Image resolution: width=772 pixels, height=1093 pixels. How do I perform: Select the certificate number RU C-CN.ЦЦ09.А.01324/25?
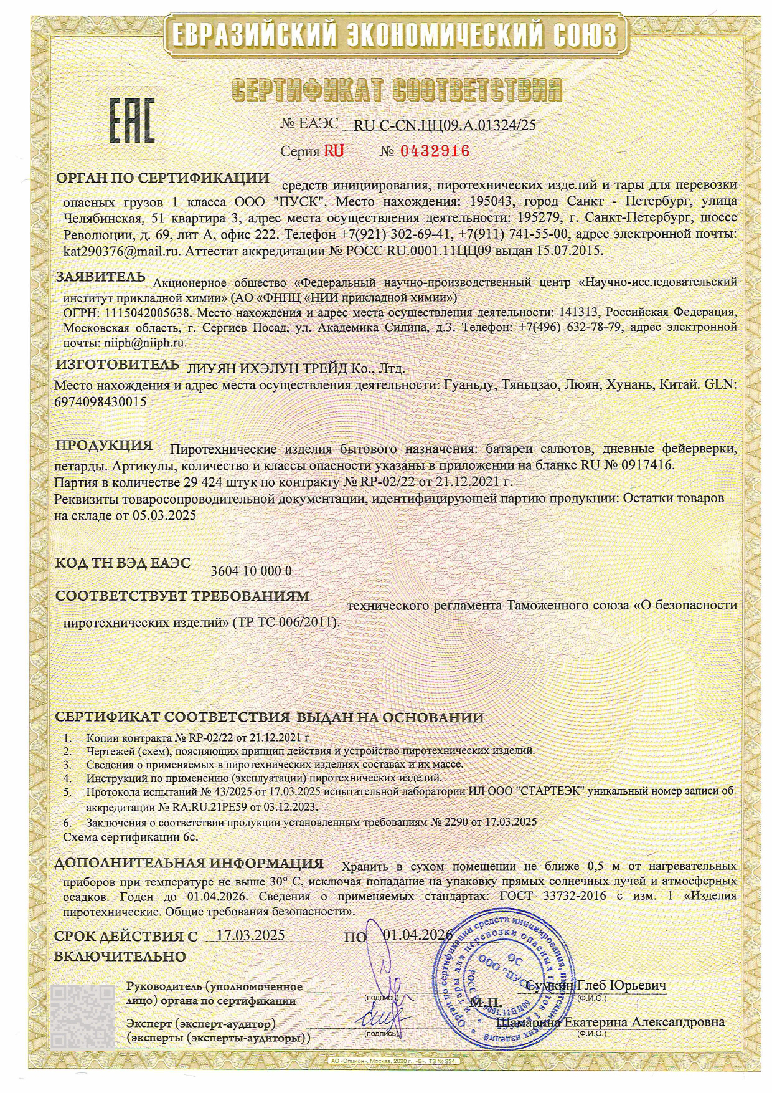pos(444,125)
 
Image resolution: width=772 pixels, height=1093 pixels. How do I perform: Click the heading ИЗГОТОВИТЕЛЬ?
pos(117,365)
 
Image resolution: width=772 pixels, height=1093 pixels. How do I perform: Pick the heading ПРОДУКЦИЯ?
pos(104,446)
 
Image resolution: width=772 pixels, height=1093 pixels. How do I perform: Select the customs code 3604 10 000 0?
pos(252,571)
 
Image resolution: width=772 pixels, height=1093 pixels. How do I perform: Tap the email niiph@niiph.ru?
pos(143,342)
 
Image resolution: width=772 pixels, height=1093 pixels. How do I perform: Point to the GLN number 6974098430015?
pos(101,402)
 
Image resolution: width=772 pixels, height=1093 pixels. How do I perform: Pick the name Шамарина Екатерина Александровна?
pos(611,1023)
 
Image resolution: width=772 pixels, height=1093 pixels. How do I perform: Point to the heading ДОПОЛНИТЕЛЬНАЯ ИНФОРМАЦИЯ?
pos(189,864)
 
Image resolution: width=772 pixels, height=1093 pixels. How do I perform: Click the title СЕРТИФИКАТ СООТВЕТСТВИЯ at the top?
pos(397,92)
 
